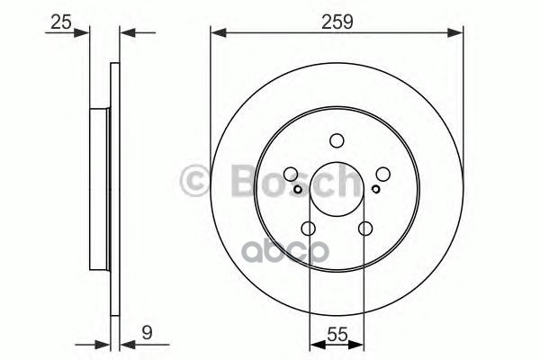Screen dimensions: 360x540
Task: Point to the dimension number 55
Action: point(337,331)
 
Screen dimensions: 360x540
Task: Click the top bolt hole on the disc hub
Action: point(337,140)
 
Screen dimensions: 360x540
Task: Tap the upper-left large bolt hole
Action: point(292,175)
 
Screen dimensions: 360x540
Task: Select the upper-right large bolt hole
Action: point(382,175)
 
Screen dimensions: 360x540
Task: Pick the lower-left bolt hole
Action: point(309,229)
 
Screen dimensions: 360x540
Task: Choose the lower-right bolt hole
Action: point(364,229)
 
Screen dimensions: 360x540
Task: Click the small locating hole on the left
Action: point(299,190)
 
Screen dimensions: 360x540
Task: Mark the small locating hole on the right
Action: point(375,190)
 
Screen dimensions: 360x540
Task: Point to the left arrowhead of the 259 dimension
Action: point(217,34)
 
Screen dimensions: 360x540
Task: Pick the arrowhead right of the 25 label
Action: point(85,34)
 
